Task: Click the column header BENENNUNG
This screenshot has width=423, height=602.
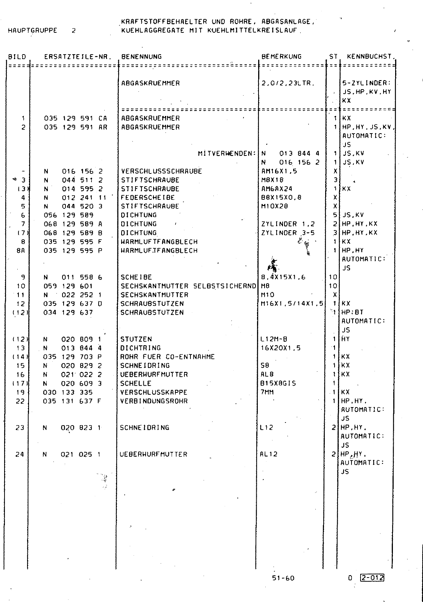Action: (x=141, y=57)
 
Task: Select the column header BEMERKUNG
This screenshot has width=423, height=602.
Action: (x=281, y=57)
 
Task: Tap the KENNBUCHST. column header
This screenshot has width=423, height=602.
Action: (x=371, y=57)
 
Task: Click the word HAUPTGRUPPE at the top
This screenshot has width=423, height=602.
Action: (x=32, y=31)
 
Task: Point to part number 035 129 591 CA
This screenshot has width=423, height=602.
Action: (x=75, y=118)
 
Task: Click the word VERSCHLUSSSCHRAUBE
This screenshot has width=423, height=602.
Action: (x=161, y=171)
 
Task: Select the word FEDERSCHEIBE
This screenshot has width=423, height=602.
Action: (x=148, y=198)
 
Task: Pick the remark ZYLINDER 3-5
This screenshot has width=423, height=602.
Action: (x=288, y=233)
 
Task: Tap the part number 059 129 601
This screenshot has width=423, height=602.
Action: (x=68, y=286)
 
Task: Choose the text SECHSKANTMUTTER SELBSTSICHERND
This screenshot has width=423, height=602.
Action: (x=188, y=286)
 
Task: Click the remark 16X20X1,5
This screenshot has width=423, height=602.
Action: (x=280, y=348)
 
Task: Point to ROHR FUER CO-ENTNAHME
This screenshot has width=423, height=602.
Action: (x=167, y=357)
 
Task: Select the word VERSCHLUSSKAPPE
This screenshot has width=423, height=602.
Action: (x=154, y=392)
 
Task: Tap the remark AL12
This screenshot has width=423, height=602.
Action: (x=268, y=454)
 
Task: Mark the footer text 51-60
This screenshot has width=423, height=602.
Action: (x=283, y=578)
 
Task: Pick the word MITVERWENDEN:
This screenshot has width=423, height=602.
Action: (x=227, y=154)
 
